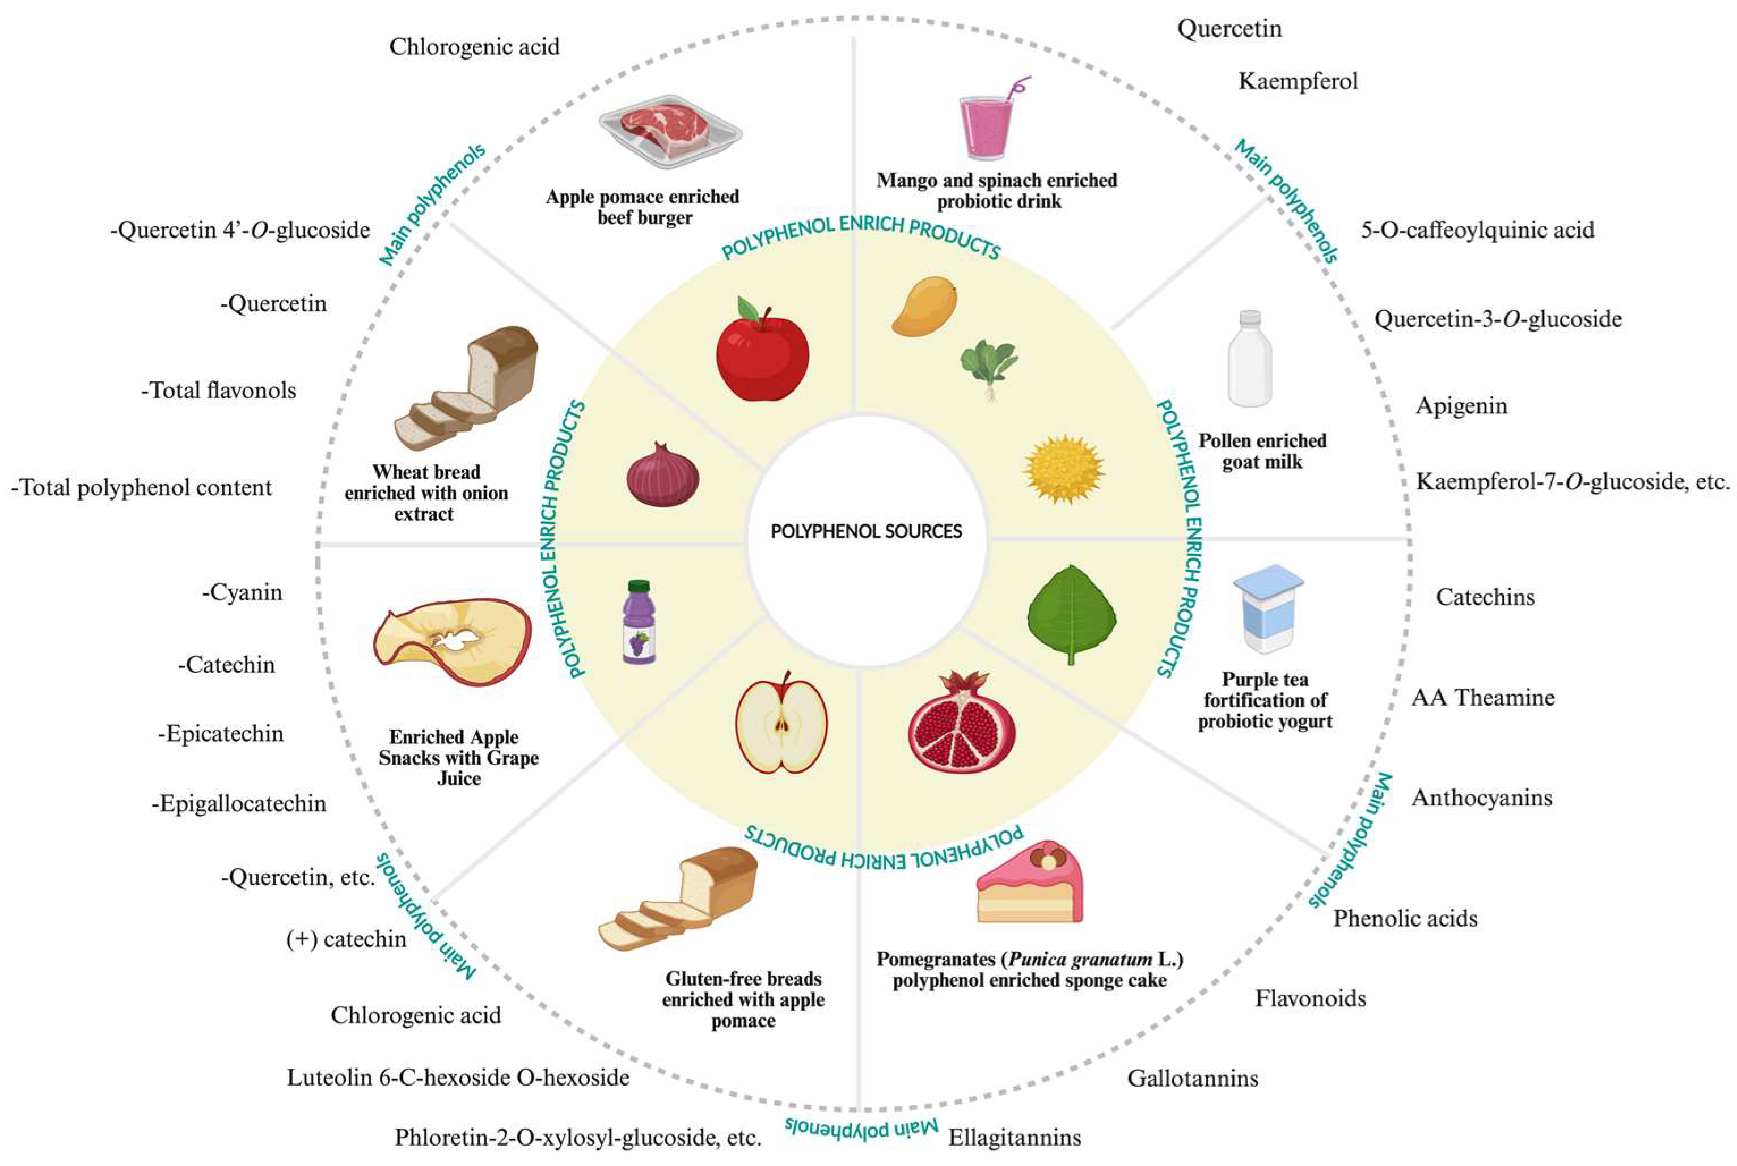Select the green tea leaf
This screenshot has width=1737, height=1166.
click(x=1071, y=613)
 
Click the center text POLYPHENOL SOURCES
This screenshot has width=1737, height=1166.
click(x=866, y=532)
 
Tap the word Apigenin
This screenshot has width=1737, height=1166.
click(x=1461, y=406)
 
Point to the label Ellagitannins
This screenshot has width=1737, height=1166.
click(x=1014, y=1137)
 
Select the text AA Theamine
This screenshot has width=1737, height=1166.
click(x=1482, y=698)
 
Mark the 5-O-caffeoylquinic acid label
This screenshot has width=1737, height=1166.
click(x=1477, y=230)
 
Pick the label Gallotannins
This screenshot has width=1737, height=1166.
click(x=1193, y=1078)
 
